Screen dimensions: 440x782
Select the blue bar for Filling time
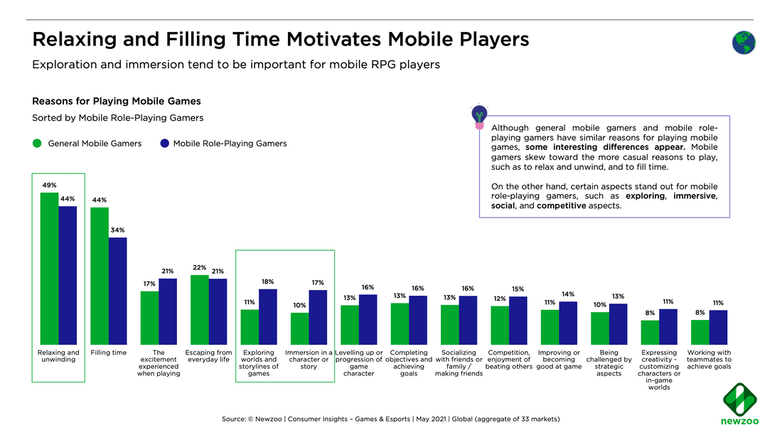tap(117, 291)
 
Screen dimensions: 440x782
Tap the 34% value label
tap(117, 230)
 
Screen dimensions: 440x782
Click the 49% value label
tap(49, 185)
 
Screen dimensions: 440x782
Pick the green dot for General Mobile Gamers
tap(38, 144)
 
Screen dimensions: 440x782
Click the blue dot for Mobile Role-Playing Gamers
tap(164, 144)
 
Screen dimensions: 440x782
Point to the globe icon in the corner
tap(744, 43)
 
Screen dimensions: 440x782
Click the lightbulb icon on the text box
tap(479, 115)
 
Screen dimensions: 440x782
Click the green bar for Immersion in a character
tap(300, 328)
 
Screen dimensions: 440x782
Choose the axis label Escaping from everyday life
tap(208, 356)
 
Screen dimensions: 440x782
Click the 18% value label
tap(267, 281)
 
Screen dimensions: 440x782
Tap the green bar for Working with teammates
tap(700, 332)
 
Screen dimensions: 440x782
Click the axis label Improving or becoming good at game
tap(559, 360)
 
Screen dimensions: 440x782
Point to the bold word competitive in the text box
tap(562, 205)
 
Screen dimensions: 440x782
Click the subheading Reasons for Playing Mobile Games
tap(116, 102)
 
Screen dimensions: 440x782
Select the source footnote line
tap(390, 419)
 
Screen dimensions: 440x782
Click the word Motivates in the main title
tap(326, 39)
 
